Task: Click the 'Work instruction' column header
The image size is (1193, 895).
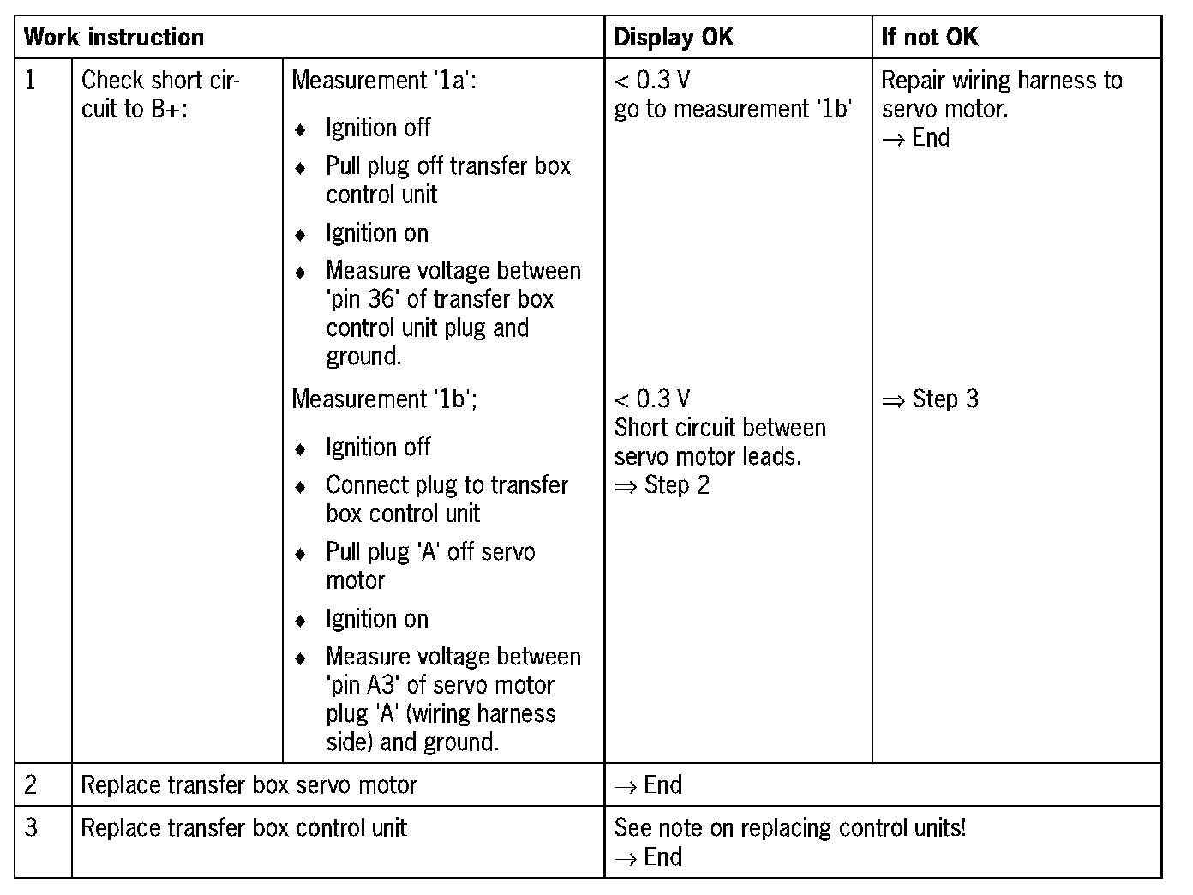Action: click(114, 38)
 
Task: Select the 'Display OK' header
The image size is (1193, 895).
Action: click(674, 38)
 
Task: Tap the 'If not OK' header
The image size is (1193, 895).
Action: click(930, 38)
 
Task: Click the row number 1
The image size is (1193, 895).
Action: click(32, 81)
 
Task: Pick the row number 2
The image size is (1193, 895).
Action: click(32, 784)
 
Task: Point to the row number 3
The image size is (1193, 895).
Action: click(32, 828)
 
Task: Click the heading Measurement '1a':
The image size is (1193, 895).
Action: click(384, 81)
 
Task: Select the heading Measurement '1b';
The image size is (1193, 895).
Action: click(384, 399)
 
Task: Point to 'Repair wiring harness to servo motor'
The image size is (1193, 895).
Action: click(1001, 94)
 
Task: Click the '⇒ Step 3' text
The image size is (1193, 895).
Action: click(930, 399)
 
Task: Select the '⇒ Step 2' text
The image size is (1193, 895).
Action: click(662, 485)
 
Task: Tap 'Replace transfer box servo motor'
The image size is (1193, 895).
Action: click(249, 784)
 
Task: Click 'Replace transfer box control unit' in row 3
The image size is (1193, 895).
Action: click(243, 828)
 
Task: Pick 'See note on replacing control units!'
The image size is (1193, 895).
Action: click(790, 828)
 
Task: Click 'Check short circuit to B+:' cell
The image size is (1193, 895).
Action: click(160, 94)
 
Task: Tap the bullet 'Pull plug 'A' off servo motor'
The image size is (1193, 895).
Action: click(430, 566)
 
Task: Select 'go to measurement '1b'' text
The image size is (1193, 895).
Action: click(733, 110)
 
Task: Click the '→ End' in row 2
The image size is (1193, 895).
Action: click(649, 784)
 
